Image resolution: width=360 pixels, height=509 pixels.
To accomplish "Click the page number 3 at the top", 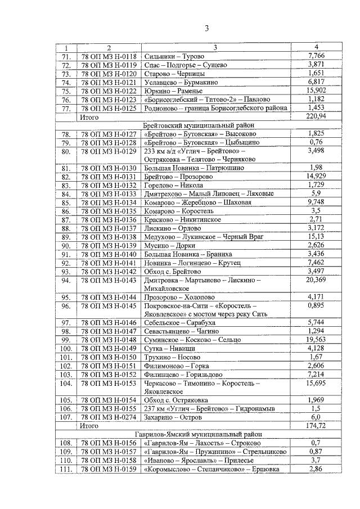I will click(206, 29).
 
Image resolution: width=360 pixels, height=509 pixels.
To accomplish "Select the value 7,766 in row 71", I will click(317, 56).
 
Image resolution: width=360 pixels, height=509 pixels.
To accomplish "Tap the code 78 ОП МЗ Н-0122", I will click(109, 91).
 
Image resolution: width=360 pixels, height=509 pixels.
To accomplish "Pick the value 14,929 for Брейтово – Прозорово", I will click(317, 177).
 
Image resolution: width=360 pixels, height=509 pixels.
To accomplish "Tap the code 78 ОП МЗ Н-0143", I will click(109, 280).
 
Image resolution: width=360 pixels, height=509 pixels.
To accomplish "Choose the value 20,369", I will click(317, 280).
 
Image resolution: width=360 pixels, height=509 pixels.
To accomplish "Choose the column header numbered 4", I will click(317, 47).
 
